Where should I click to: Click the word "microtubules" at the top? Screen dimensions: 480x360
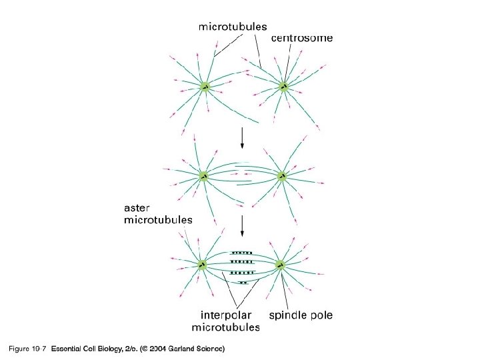[233, 27]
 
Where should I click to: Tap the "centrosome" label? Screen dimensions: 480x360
[302, 39]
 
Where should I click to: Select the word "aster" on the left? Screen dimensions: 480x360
[139, 207]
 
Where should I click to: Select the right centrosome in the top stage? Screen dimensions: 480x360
[283, 86]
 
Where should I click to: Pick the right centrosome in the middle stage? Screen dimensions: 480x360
[282, 176]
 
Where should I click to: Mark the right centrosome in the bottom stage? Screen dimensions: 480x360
[281, 265]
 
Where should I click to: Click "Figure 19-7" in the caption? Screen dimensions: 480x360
[26, 349]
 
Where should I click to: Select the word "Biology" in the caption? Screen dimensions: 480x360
[115, 349]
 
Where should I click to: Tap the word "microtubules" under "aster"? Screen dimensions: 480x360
[158, 219]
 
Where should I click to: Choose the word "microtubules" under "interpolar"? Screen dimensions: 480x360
[225, 327]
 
